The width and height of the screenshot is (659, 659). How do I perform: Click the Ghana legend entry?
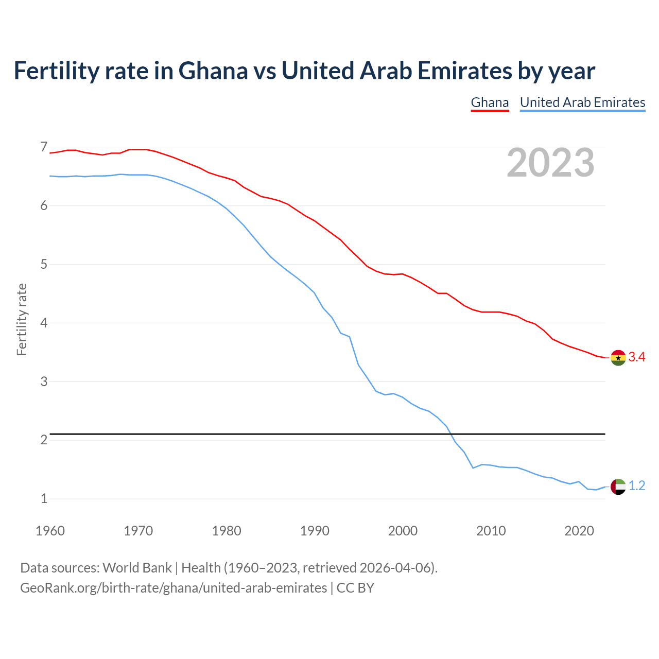click(x=490, y=102)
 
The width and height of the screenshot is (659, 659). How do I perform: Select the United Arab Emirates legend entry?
click(x=582, y=102)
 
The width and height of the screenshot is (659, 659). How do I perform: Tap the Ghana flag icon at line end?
click(x=618, y=357)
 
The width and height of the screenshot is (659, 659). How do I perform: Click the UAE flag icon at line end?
click(x=618, y=486)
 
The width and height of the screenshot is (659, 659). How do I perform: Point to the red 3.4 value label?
click(x=637, y=357)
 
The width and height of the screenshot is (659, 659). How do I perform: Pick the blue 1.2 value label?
click(x=637, y=486)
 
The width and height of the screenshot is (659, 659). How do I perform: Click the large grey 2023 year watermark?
click(x=550, y=163)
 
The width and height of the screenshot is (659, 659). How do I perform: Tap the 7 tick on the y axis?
click(x=44, y=147)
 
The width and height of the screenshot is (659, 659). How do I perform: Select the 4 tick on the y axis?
click(x=44, y=323)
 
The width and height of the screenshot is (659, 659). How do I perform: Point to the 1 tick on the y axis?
click(x=44, y=499)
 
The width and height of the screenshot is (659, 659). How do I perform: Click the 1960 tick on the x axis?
click(x=50, y=531)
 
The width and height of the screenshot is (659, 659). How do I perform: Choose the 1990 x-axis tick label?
click(x=315, y=531)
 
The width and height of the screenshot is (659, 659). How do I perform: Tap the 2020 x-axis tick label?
click(x=579, y=531)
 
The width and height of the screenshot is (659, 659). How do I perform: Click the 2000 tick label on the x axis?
click(x=403, y=531)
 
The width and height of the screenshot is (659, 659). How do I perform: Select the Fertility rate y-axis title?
click(x=22, y=319)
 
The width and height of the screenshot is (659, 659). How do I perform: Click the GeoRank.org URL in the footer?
click(x=174, y=588)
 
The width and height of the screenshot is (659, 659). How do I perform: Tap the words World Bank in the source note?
click(x=137, y=568)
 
